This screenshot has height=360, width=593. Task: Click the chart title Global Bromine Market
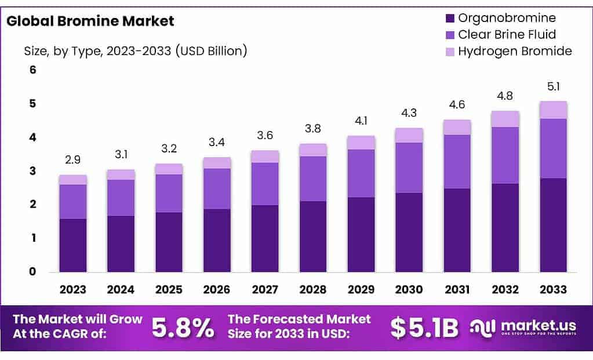click(90, 21)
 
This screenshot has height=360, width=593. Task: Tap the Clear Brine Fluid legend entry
click(507, 34)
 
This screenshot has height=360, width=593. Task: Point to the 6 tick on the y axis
click(33, 70)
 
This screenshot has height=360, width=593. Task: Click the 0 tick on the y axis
click(33, 271)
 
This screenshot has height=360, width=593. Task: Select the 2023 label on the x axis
click(72, 289)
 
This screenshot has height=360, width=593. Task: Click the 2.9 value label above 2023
click(72, 159)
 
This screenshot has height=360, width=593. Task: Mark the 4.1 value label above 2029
click(361, 121)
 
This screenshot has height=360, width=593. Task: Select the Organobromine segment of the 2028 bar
click(313, 237)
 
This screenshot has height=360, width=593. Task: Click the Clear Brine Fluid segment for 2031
click(457, 162)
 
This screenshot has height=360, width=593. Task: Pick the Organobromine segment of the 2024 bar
click(121, 243)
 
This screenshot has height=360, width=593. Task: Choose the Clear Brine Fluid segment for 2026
click(217, 188)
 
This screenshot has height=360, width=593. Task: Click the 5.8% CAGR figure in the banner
click(183, 328)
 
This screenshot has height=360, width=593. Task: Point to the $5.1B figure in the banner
click(424, 328)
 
